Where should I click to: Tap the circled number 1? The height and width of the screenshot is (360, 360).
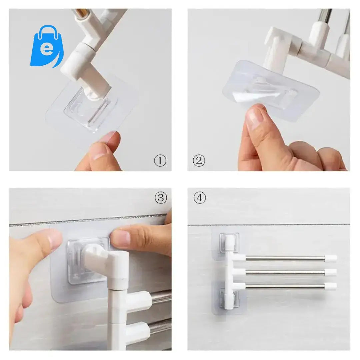point(160,161)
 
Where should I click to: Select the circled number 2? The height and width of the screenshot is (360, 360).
point(199,161)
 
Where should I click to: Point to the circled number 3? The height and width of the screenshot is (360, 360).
point(160,198)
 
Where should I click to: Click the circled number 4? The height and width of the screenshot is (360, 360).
point(199,198)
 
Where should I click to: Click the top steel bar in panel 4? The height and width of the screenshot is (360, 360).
point(283,258)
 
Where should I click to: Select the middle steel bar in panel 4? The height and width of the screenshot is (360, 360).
point(283,272)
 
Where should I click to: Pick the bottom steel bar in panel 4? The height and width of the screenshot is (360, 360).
point(283,286)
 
